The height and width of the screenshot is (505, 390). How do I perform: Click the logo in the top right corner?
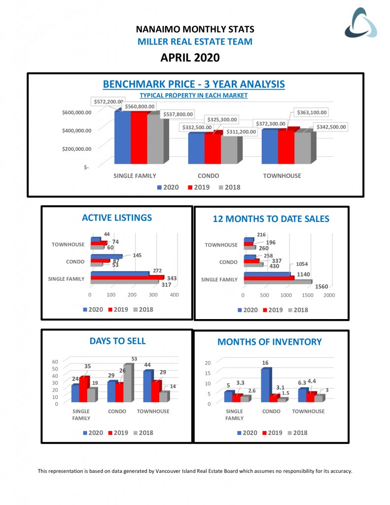[360, 23]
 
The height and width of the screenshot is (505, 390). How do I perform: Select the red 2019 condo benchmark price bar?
[213, 147]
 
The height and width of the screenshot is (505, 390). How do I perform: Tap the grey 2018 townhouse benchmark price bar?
[303, 147]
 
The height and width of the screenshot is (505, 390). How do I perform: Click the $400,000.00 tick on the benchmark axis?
[77, 131]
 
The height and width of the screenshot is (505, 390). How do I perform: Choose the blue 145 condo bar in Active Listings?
[106, 256]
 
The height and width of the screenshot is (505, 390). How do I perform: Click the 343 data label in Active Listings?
[172, 279]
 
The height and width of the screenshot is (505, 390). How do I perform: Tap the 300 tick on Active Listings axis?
[153, 295]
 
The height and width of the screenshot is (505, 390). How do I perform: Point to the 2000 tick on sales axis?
[329, 295]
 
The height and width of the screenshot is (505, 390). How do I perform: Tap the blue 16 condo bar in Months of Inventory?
[265, 385]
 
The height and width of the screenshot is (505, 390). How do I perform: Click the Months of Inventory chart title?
[269, 342]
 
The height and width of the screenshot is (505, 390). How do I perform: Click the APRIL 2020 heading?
[190, 58]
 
